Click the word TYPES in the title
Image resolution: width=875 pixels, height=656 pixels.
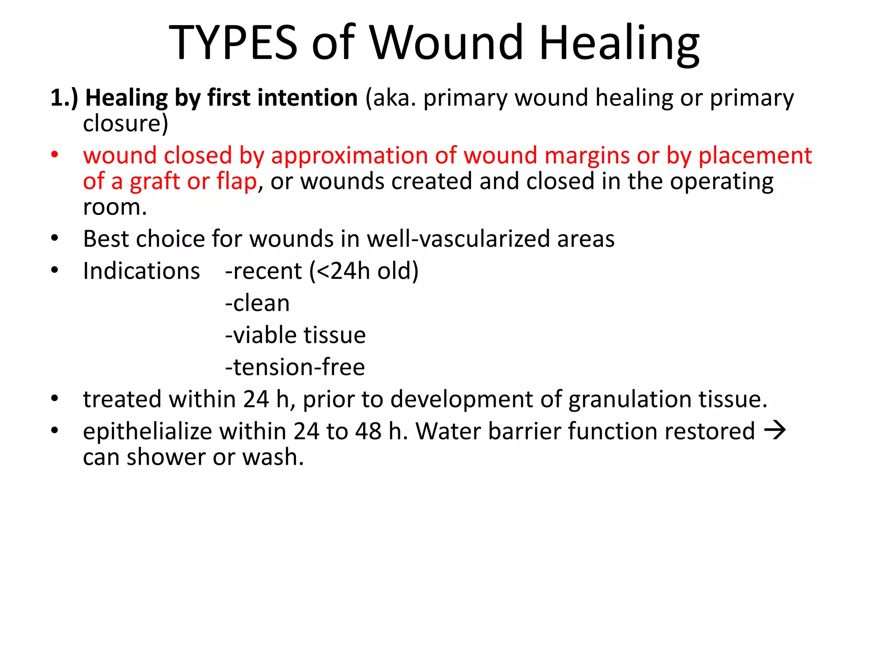point(233,43)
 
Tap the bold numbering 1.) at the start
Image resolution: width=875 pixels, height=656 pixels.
point(64,98)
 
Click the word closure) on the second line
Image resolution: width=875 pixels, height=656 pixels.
point(126,123)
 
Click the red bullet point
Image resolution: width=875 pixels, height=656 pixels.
point(54,155)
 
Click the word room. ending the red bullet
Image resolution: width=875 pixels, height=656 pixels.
point(115,207)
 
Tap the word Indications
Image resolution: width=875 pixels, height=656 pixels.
point(141,271)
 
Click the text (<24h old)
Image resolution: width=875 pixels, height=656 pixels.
point(364,271)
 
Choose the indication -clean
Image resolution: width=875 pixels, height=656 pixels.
point(257,303)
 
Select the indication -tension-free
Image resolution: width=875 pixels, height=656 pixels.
point(295,367)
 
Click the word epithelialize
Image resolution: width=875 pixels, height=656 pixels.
point(147,431)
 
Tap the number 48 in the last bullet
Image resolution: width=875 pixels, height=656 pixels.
point(368,431)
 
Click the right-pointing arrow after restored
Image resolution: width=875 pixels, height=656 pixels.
point(775,430)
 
